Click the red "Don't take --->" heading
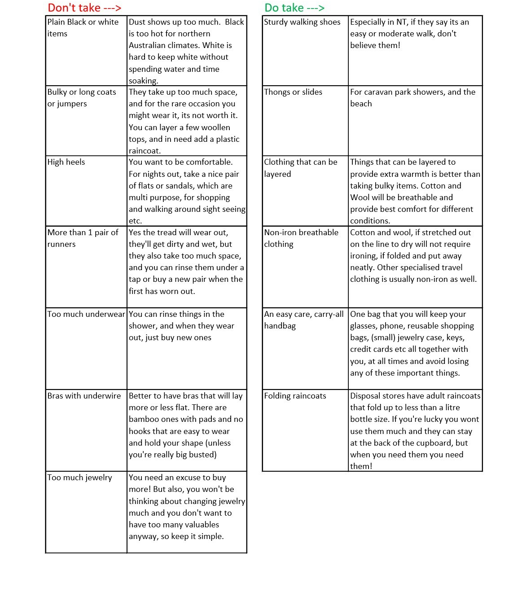[x=84, y=8]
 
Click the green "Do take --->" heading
[x=294, y=8]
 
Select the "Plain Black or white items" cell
[x=83, y=28]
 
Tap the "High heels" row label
[x=66, y=162]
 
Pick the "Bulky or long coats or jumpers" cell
[x=82, y=98]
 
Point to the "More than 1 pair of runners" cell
[x=83, y=238]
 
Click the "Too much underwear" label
[x=86, y=314]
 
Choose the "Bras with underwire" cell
[x=84, y=396]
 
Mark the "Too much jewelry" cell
[x=80, y=478]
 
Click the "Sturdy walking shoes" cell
[x=302, y=22]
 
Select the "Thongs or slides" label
[x=293, y=92]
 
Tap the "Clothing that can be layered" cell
[x=300, y=168]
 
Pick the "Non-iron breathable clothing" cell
[x=301, y=238]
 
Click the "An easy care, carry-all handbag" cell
[x=303, y=320]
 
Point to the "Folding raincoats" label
[x=295, y=396]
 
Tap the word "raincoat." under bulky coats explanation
[x=145, y=151]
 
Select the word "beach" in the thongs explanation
[x=361, y=104]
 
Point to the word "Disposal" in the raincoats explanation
[x=367, y=396]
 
